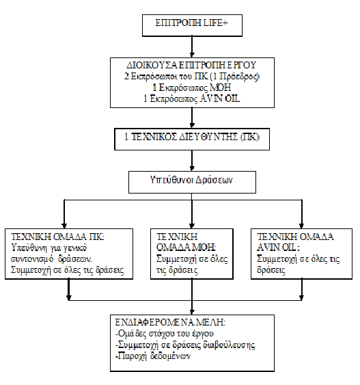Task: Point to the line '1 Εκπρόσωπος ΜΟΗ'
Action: pyautogui.click(x=192, y=87)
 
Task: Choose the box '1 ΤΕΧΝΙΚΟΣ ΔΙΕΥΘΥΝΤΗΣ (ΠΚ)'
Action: pyautogui.click(x=192, y=137)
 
